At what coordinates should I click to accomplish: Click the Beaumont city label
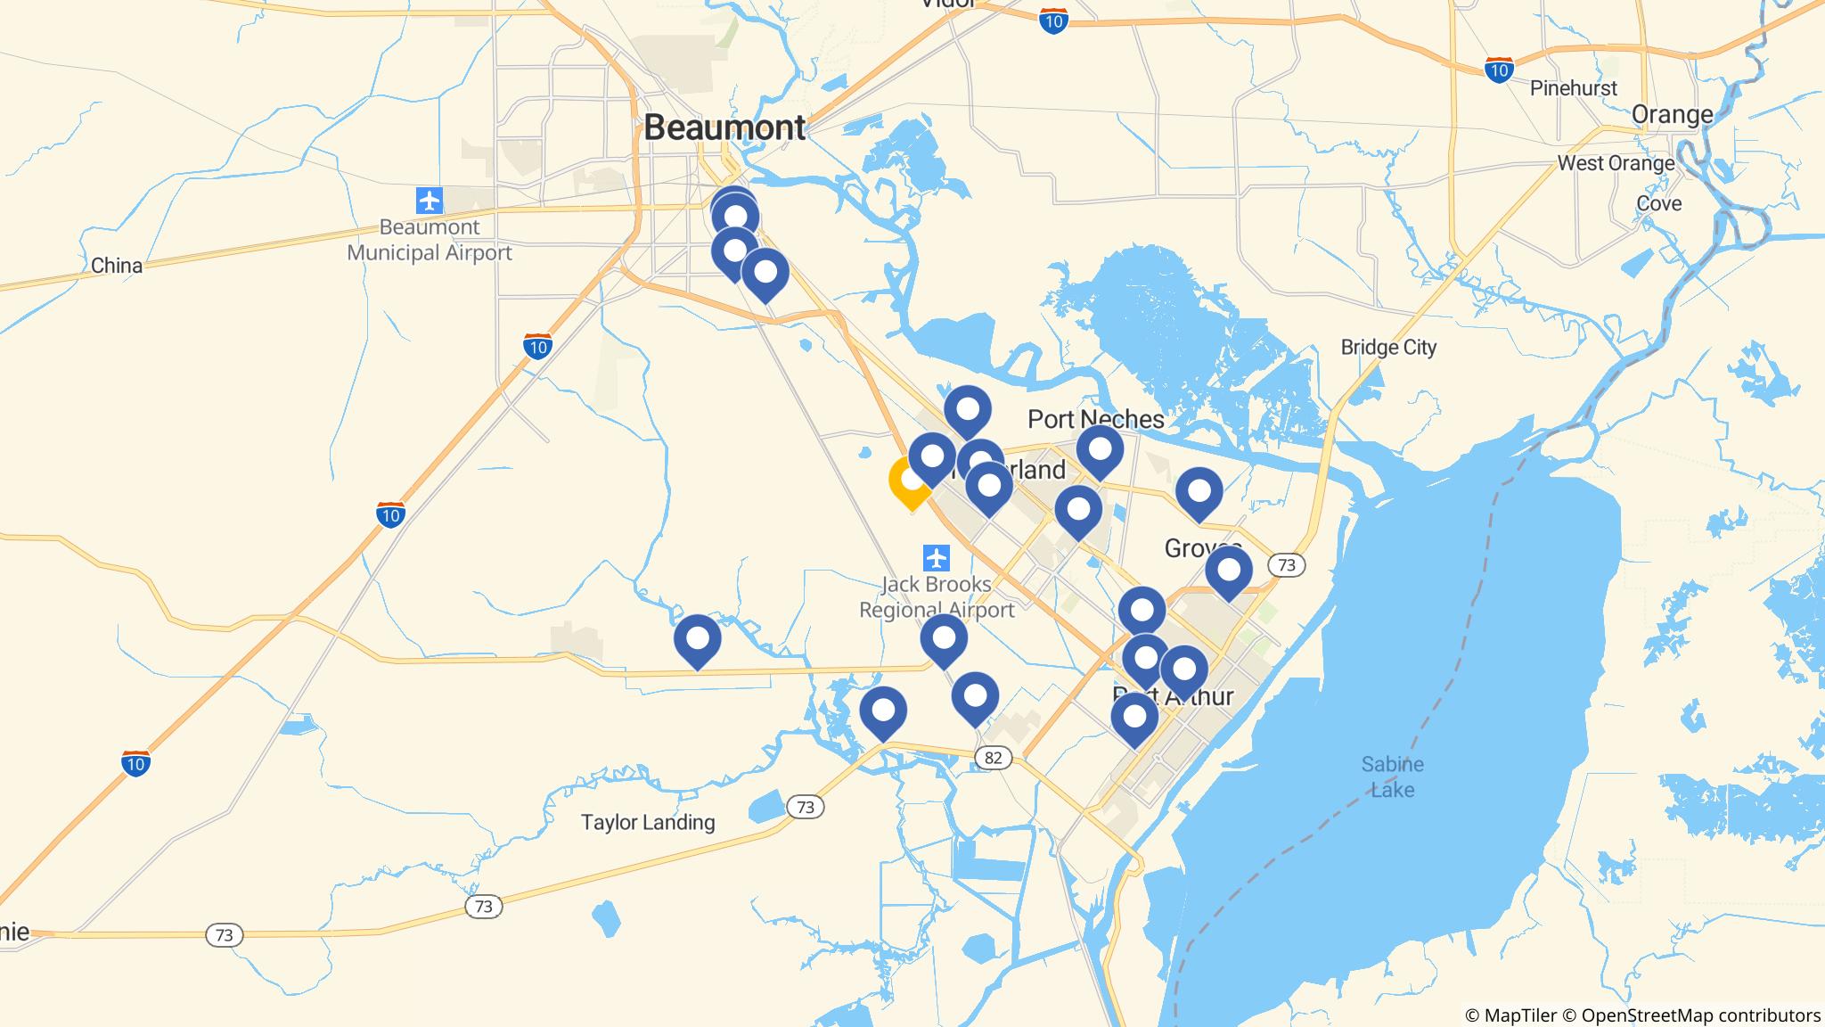(724, 127)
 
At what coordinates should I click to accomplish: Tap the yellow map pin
(911, 481)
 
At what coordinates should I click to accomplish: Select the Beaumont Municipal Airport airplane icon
(430, 200)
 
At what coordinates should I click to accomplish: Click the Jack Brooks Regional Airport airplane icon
(936, 559)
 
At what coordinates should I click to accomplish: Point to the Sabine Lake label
(1392, 776)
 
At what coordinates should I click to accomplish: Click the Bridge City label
(1388, 347)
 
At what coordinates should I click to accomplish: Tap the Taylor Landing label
(648, 822)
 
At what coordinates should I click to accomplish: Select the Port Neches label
(1095, 419)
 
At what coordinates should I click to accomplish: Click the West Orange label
(1616, 163)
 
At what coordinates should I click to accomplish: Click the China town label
(117, 266)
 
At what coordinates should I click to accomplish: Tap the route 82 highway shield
(994, 758)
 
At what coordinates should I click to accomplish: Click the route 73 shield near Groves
(1285, 564)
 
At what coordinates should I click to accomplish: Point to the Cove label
(1658, 203)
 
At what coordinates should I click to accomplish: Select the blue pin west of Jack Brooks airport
(698, 639)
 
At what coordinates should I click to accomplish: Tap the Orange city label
(1672, 114)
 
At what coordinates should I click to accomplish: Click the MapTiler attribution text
(1510, 1015)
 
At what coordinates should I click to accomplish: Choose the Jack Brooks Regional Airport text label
(936, 597)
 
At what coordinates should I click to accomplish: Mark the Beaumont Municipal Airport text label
(430, 240)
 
